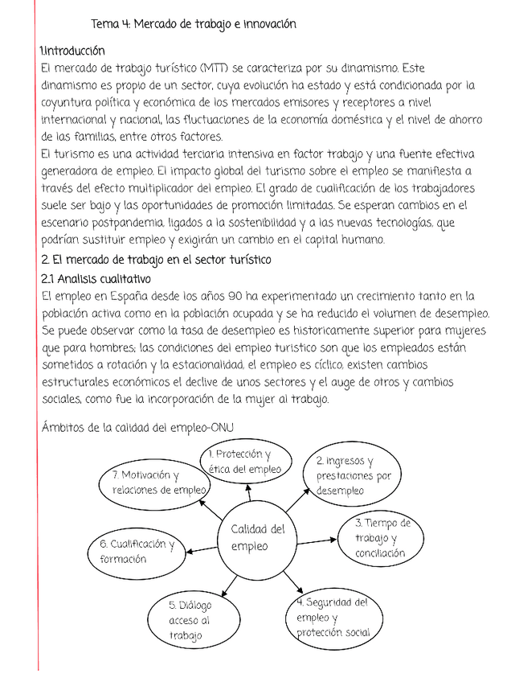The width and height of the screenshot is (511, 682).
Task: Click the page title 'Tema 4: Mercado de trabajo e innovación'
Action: coord(194,24)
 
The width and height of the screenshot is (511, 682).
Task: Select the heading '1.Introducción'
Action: coord(72,51)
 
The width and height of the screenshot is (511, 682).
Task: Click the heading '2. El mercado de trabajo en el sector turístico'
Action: coord(156,260)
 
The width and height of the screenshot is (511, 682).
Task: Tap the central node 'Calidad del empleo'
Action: coord(256,537)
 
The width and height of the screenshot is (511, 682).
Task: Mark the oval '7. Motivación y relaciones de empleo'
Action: coord(157,483)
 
